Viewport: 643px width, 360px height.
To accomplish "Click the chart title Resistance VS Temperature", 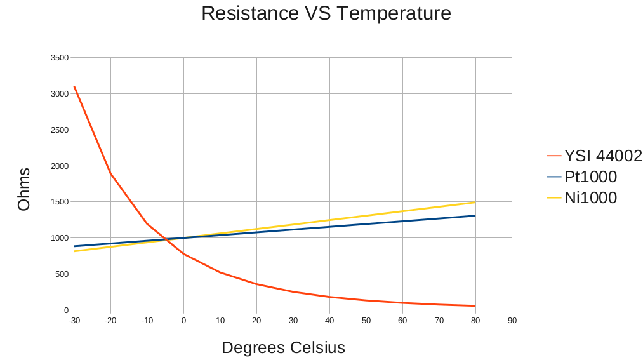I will (x=326, y=13).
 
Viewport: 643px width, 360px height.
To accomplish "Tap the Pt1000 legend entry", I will (x=590, y=177).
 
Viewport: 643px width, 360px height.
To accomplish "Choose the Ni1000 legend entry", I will (x=590, y=197).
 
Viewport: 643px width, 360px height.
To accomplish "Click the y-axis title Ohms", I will (x=24, y=189).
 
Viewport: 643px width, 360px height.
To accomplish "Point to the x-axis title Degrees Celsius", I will (x=283, y=348).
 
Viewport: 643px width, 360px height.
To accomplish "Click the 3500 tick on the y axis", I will (x=60, y=58).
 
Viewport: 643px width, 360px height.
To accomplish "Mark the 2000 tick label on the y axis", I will (x=60, y=166).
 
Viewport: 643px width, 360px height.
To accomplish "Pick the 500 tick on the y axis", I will (x=62, y=274).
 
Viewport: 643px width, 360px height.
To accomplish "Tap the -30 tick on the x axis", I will (x=74, y=321).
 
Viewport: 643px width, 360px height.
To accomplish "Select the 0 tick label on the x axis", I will (x=183, y=321).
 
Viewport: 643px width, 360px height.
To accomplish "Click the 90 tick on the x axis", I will (x=512, y=321).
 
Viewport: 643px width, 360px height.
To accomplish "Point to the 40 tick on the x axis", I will (x=329, y=321).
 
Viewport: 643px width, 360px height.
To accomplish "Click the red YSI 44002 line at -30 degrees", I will (x=74, y=87).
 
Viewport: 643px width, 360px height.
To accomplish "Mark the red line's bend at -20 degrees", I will (x=110, y=173).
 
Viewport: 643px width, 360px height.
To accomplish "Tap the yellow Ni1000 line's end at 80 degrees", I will (x=475, y=203).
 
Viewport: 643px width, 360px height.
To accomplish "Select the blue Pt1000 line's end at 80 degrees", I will (x=475, y=216).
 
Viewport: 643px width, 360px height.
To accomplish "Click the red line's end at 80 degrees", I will (x=475, y=306).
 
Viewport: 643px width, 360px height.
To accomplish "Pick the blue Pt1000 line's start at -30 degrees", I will (x=74, y=246).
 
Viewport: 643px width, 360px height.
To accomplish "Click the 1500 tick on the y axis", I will (x=60, y=202).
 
